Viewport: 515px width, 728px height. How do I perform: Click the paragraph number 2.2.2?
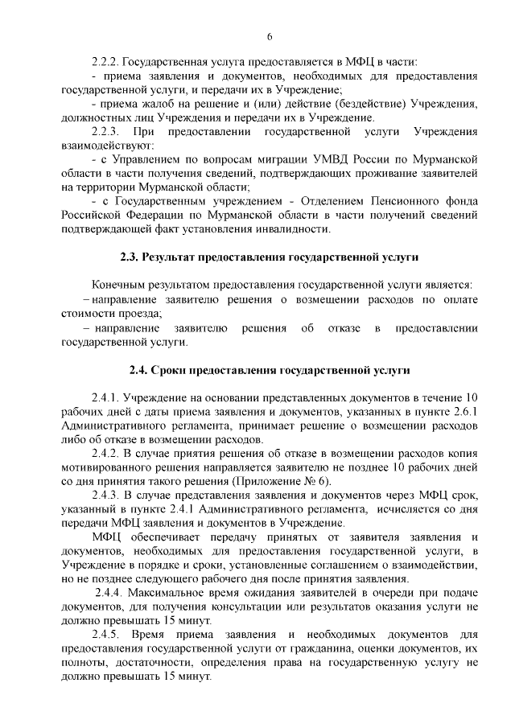click(x=106, y=60)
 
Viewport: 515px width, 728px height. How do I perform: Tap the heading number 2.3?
click(x=130, y=257)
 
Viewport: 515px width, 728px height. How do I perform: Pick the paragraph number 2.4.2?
click(x=107, y=454)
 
